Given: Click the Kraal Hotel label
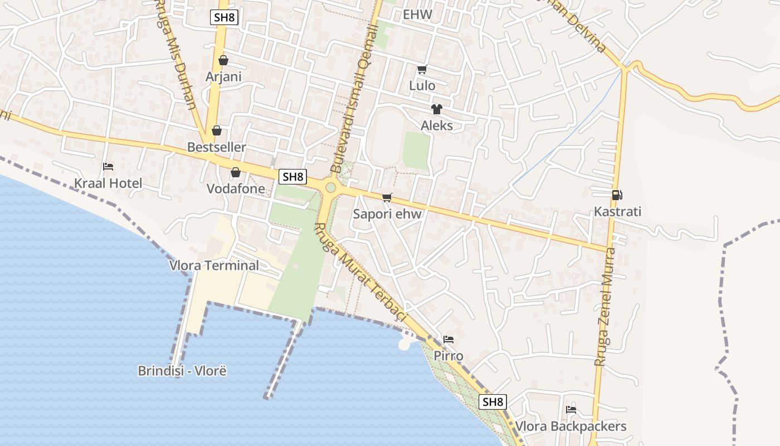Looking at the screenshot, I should [x=108, y=183].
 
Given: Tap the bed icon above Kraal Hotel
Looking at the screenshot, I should [x=108, y=167].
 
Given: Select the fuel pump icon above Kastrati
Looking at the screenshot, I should [x=617, y=195].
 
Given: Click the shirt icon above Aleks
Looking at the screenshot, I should [x=436, y=109].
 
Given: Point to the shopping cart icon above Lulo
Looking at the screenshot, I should [x=422, y=70].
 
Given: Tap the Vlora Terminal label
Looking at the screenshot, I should [x=214, y=265].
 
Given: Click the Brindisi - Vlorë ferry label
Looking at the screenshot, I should [x=182, y=371].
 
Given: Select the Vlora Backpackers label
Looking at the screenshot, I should [x=571, y=426].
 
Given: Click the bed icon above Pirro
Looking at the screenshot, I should [x=448, y=339].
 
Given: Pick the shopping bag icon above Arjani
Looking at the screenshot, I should [x=223, y=60].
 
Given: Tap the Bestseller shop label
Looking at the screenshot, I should [x=217, y=147].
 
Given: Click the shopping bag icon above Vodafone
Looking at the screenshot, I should [x=236, y=172].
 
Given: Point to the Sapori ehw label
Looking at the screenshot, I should [x=387, y=214].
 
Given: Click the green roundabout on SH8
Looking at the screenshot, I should [x=330, y=187].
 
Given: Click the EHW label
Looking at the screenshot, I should [x=417, y=14].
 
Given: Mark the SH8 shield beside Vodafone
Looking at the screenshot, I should [x=292, y=177].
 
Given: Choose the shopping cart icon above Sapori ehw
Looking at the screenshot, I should [x=387, y=197].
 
